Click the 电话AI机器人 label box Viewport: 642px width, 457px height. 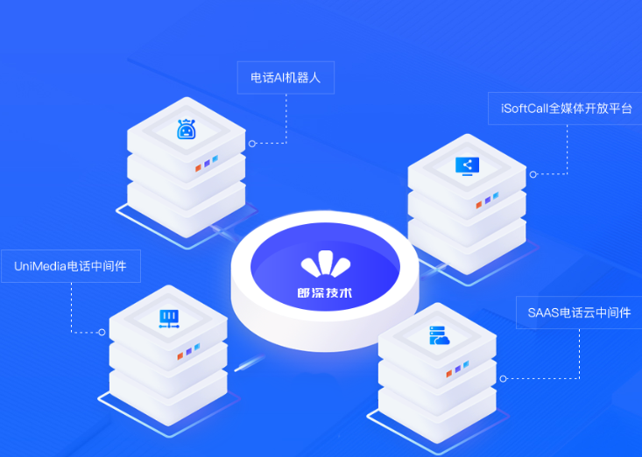[286, 78]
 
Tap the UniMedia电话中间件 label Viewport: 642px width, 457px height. [71, 266]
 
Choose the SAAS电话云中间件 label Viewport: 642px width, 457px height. [579, 313]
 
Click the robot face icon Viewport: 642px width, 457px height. [187, 129]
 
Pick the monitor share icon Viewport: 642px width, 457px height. [467, 166]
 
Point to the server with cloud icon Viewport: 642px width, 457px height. [439, 335]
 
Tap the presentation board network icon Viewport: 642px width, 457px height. [169, 320]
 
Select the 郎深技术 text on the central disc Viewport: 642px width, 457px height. [325, 293]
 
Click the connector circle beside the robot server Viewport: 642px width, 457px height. [252, 144]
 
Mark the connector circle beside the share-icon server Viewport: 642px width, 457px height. [533, 175]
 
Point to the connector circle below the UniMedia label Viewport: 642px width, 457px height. [102, 332]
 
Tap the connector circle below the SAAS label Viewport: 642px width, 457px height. [504, 379]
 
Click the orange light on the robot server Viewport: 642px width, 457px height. [198, 168]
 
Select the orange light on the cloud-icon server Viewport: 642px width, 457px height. [449, 373]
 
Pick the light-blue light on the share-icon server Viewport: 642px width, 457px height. [496, 196]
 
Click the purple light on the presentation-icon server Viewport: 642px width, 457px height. [189, 351]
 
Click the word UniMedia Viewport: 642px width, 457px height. [40, 266]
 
